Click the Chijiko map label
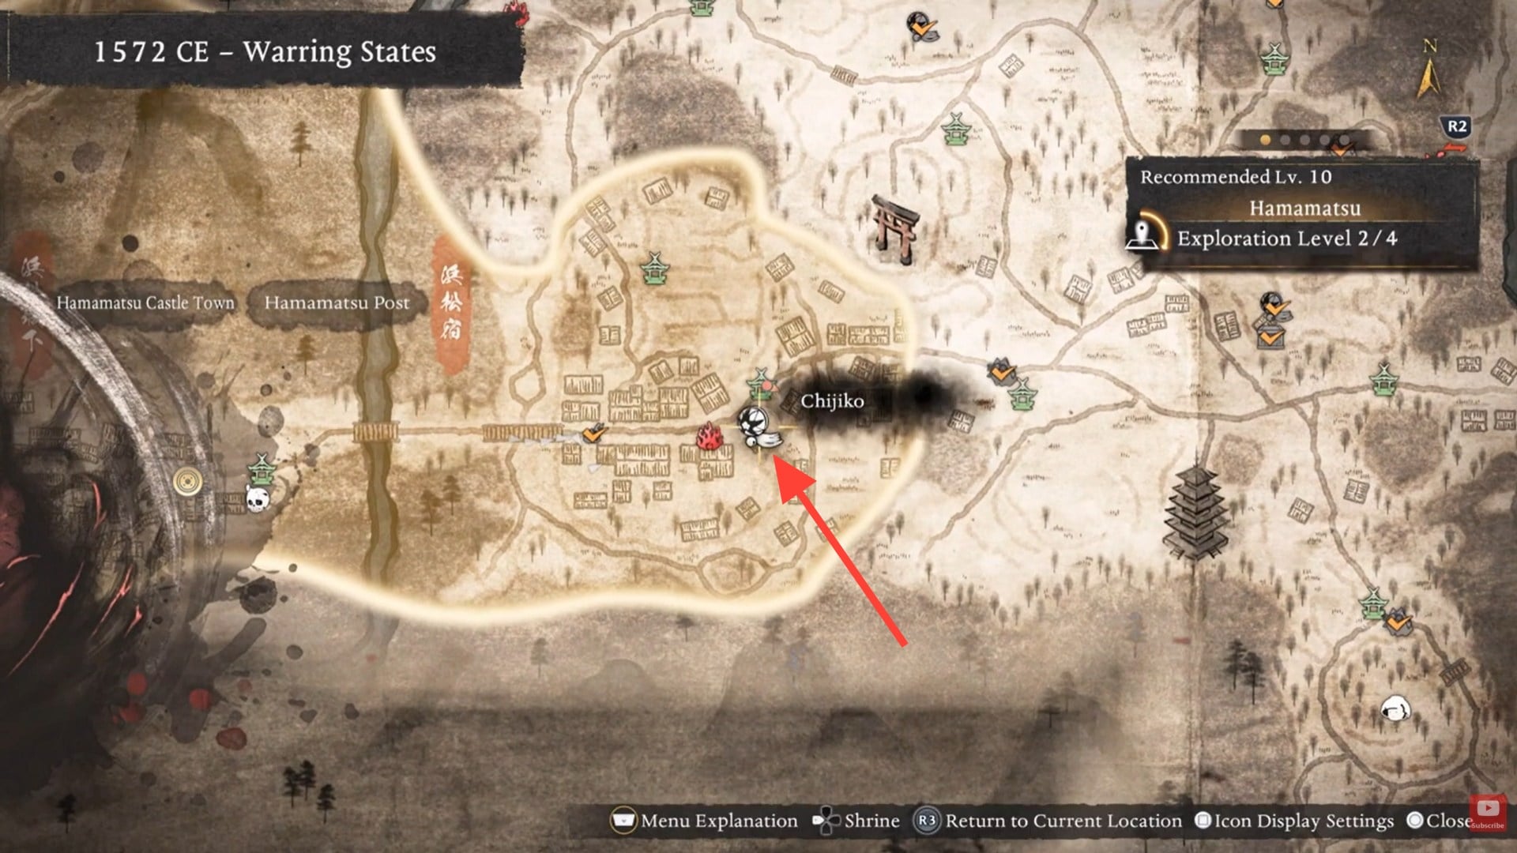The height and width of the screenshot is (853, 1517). tap(832, 401)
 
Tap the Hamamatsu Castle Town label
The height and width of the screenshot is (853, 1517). tap(145, 302)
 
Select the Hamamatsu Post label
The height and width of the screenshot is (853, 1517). tap(337, 302)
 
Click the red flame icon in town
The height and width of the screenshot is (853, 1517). tap(709, 437)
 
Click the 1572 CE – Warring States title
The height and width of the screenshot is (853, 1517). tap(265, 52)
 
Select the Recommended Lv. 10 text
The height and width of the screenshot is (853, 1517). tap(1236, 177)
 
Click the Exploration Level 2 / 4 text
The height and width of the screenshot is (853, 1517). tap(1286, 239)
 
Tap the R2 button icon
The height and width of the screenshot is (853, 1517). tap(1456, 126)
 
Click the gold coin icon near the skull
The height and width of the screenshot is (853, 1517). tap(188, 479)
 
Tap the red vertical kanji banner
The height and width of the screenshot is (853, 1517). tap(451, 304)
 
